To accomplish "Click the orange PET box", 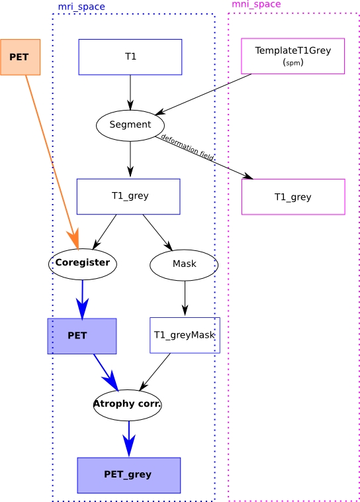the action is click(20, 58).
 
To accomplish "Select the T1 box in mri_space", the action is click(130, 57).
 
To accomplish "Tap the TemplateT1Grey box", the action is click(292, 56).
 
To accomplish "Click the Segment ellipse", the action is click(130, 126).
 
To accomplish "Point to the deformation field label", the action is click(187, 147).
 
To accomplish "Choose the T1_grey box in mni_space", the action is click(293, 197).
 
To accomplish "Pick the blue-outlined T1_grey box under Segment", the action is click(128, 196).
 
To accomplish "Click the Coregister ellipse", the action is click(83, 264).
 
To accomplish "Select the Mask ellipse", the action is click(184, 265).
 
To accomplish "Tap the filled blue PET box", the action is click(82, 336).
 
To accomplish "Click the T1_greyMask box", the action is click(185, 335).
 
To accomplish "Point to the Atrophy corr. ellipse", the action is click(127, 405).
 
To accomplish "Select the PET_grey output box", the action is click(128, 475).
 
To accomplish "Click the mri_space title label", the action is click(81, 7).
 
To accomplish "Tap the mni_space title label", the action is click(256, 4).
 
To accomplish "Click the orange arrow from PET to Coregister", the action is click(52, 162).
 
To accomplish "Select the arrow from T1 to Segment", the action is click(130, 93).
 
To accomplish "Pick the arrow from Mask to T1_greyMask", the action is click(185, 299).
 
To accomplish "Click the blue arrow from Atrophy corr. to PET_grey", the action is click(129, 438).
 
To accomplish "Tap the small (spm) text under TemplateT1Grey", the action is click(293, 62).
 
